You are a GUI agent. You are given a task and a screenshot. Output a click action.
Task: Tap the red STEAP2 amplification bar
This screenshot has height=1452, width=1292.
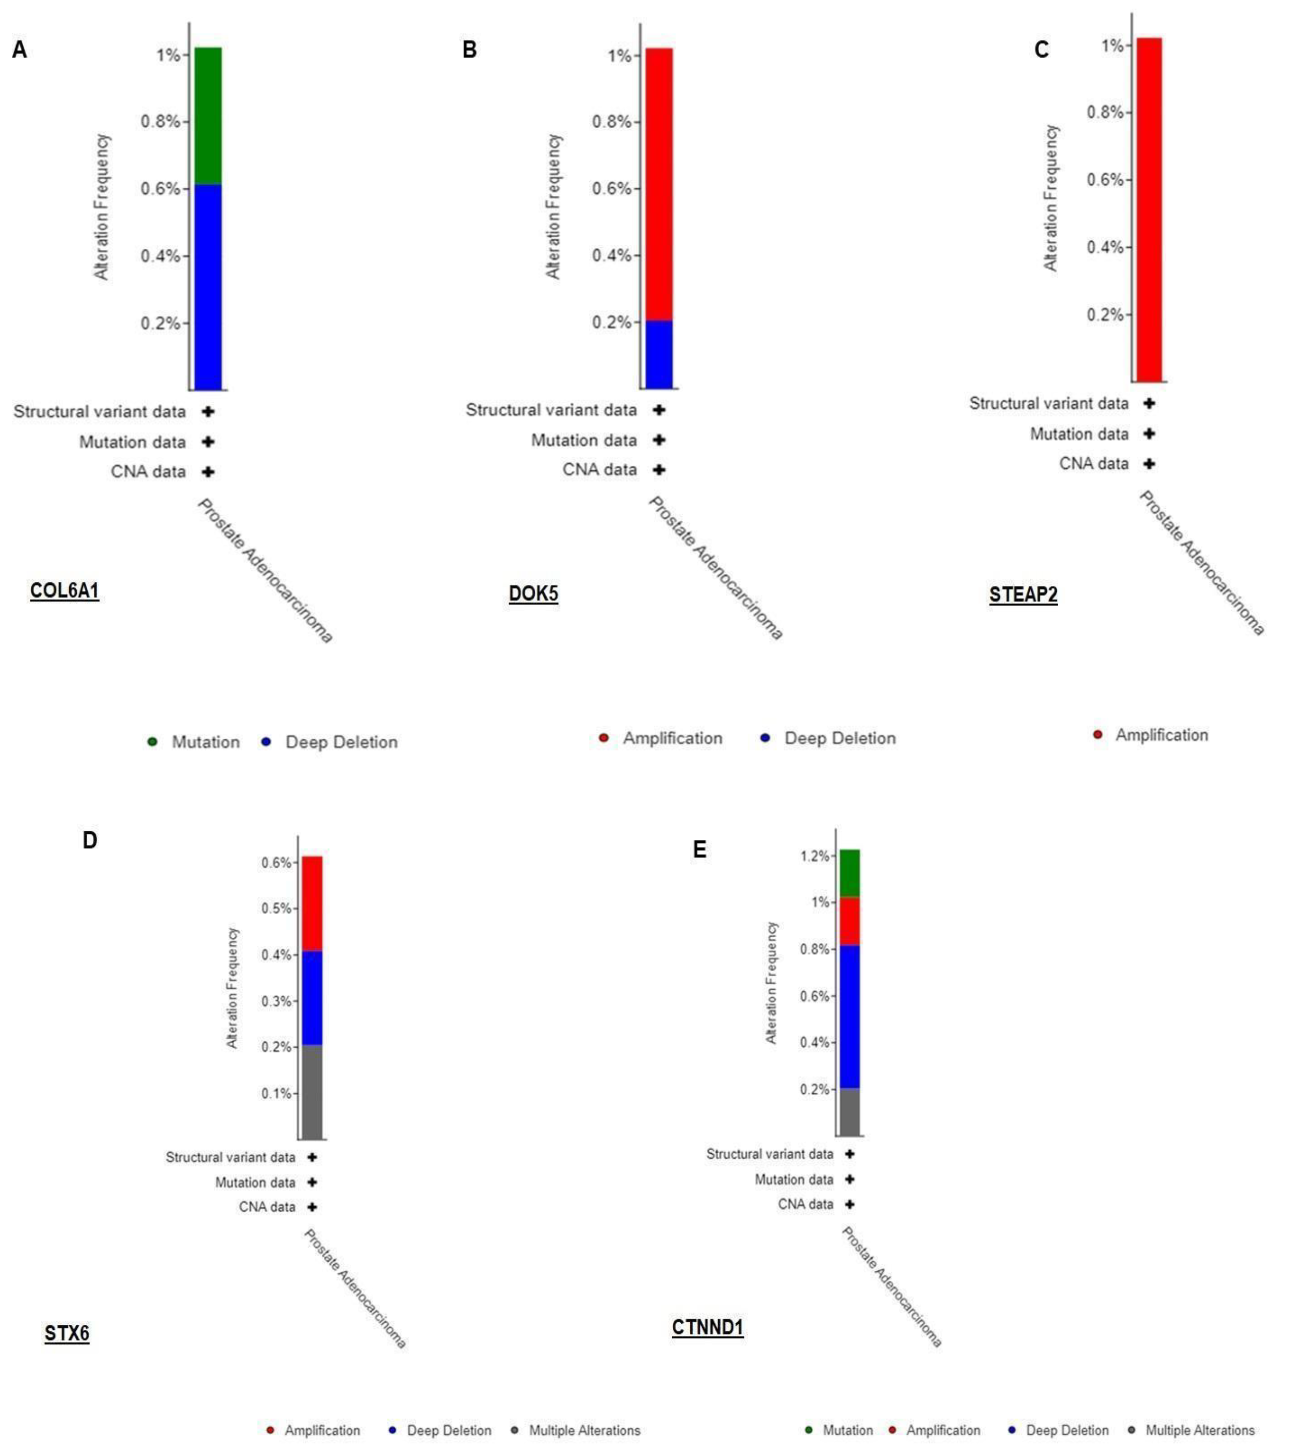[x=1148, y=210]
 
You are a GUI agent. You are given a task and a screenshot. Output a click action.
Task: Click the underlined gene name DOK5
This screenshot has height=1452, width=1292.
[x=533, y=594]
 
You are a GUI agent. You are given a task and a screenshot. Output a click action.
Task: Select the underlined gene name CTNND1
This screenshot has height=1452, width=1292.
[x=707, y=1327]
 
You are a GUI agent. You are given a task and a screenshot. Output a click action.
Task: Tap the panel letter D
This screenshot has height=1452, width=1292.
[x=89, y=841]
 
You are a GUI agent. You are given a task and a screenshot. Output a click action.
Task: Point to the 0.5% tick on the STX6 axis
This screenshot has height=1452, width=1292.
[x=277, y=909]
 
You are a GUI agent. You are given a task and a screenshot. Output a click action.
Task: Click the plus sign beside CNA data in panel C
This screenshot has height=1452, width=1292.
[x=1148, y=464]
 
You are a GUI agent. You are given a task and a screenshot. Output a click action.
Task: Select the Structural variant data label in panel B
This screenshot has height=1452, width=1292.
[x=551, y=410]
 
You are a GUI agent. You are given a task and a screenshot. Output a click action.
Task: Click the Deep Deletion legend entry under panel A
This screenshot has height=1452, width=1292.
[x=341, y=742]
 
